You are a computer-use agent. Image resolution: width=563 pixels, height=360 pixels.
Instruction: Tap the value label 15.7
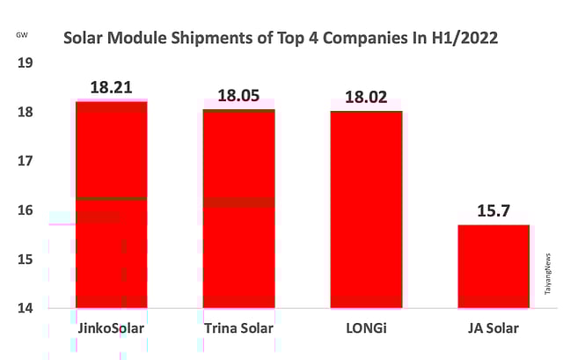(494, 211)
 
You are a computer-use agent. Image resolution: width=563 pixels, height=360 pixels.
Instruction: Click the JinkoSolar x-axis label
(111, 329)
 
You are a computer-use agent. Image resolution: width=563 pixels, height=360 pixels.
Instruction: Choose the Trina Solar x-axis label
(238, 329)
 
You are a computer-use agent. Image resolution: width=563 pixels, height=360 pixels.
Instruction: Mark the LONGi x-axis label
(366, 329)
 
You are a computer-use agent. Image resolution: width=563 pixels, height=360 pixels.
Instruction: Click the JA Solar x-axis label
(494, 329)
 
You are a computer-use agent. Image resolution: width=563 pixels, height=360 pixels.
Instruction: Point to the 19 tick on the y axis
(25, 63)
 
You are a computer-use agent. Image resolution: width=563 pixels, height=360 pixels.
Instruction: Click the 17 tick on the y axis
(25, 161)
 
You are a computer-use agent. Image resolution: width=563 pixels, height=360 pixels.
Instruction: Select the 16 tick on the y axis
(25, 210)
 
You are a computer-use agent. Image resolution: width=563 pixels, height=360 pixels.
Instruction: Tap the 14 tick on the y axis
(25, 308)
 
